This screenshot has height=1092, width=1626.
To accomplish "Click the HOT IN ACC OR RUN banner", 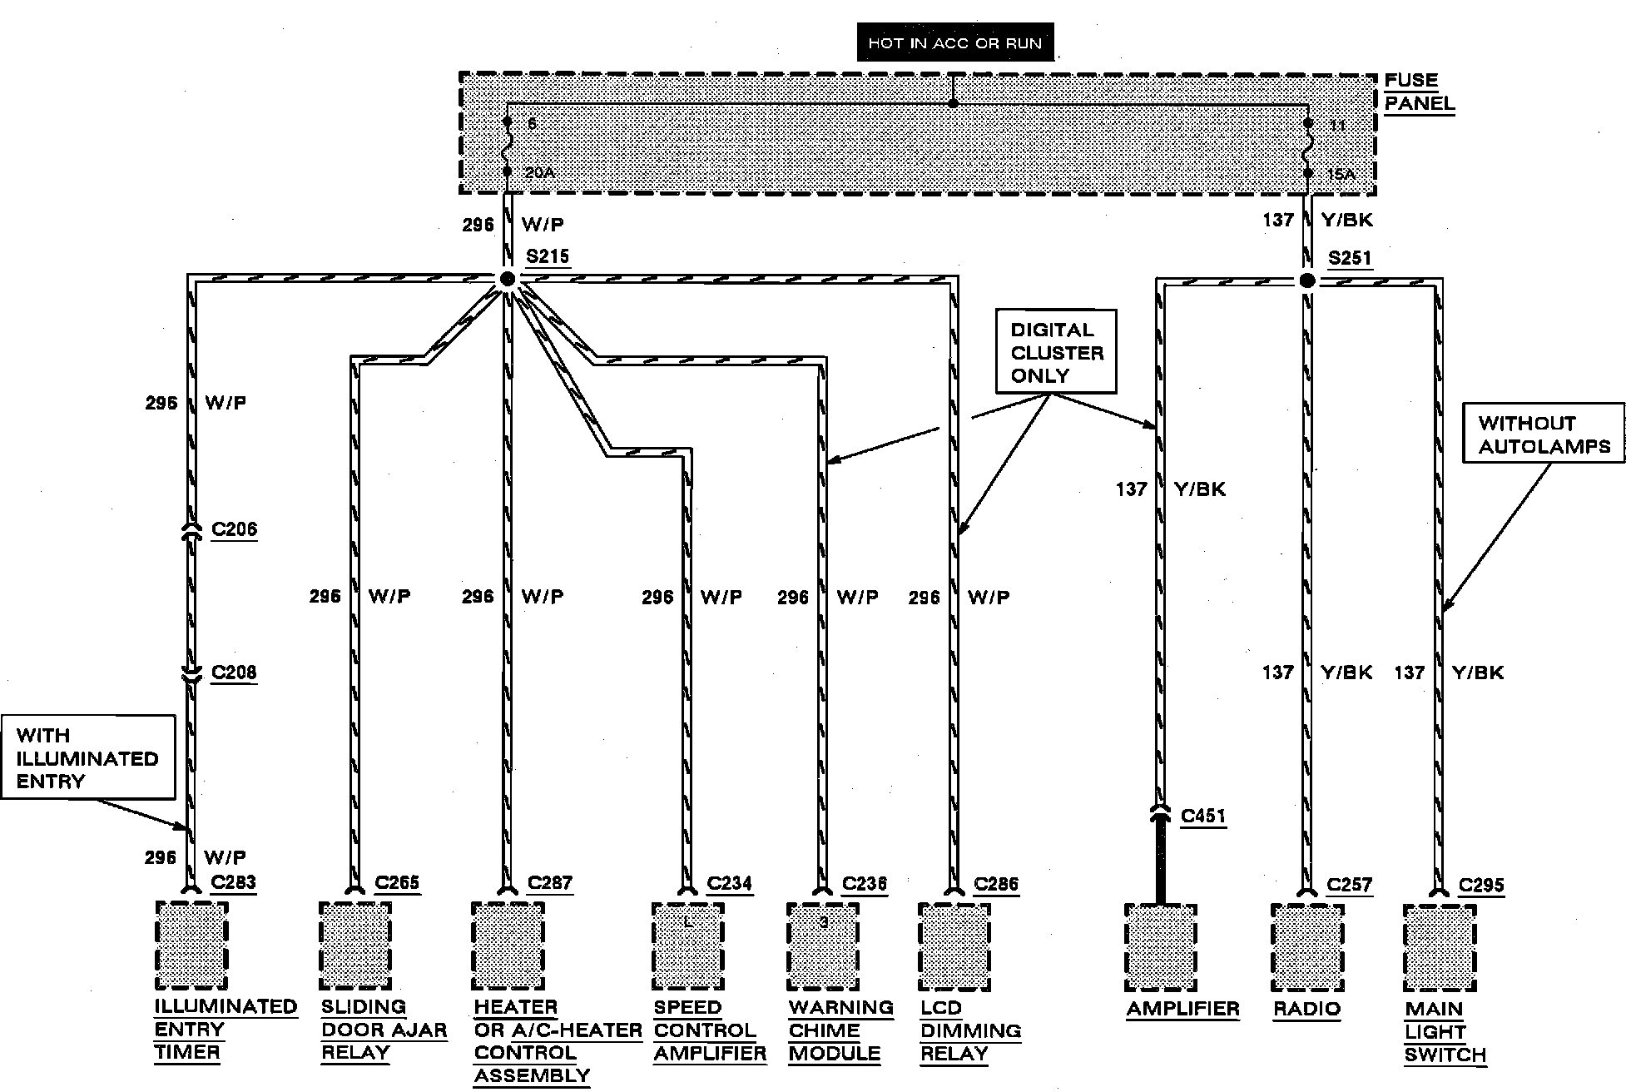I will pyautogui.click(x=954, y=42).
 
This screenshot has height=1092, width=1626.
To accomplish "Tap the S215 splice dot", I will pyautogui.click(x=508, y=279).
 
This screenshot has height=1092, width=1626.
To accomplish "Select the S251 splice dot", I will pyautogui.click(x=1306, y=280).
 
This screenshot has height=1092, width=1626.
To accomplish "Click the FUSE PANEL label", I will pyautogui.click(x=1419, y=92).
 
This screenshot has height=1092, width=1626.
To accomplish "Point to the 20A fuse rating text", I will pyautogui.click(x=539, y=173).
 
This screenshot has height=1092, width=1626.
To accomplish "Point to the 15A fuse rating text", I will pyautogui.click(x=1341, y=175).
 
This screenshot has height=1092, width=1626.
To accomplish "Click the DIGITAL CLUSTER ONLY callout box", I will pyautogui.click(x=1056, y=352).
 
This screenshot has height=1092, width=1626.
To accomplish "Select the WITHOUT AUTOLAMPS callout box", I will pyautogui.click(x=1544, y=434).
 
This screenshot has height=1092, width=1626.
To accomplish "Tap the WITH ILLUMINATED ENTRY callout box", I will pyautogui.click(x=87, y=757).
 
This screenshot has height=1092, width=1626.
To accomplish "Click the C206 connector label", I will pyautogui.click(x=234, y=529).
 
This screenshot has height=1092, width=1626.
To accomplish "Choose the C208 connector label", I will pyautogui.click(x=234, y=673).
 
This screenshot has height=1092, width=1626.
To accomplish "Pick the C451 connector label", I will pyautogui.click(x=1203, y=816).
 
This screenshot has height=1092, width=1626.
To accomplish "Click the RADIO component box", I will pyautogui.click(x=1306, y=947).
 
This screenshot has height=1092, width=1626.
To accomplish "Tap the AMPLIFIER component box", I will pyautogui.click(x=1160, y=947).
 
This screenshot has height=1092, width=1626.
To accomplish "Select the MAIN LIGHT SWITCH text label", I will pyautogui.click(x=1445, y=1032).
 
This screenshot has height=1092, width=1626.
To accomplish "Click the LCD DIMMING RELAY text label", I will pyautogui.click(x=970, y=1030).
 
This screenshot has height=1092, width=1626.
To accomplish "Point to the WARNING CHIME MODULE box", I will pyautogui.click(x=823, y=946).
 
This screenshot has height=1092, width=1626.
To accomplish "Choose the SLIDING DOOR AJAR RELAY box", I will pyautogui.click(x=355, y=946).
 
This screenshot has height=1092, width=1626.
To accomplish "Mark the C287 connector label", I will pyautogui.click(x=549, y=882).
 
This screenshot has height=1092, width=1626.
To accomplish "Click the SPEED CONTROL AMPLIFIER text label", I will pyautogui.click(x=709, y=1030).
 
